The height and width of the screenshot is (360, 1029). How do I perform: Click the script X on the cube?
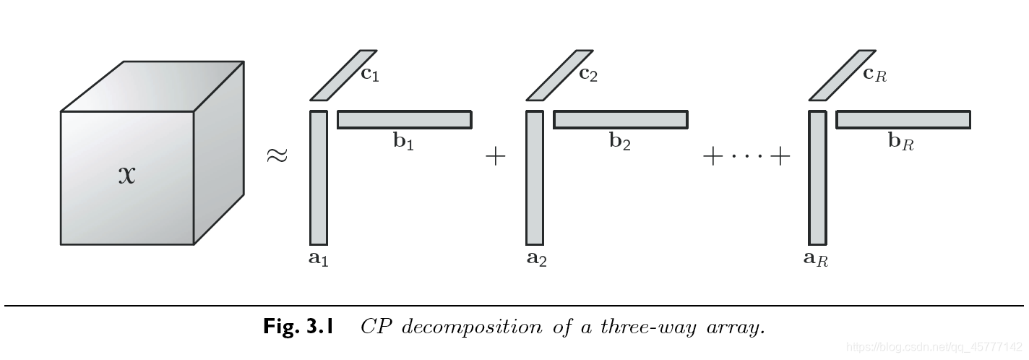[x=127, y=175]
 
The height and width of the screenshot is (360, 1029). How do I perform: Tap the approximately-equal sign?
[x=277, y=155]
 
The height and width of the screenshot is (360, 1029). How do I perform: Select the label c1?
[x=370, y=74]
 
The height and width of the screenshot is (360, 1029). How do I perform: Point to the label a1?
[x=319, y=258]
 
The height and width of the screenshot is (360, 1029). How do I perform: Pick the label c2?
[x=588, y=74]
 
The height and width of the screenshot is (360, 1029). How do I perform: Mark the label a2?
[x=536, y=258]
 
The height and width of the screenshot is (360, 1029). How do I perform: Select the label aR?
[x=816, y=258]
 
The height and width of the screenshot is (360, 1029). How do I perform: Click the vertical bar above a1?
[x=319, y=178]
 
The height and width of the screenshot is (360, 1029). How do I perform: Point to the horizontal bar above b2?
[x=621, y=119]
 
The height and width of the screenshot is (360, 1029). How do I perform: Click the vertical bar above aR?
[x=817, y=178]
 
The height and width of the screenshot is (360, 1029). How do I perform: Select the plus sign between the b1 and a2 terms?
[x=495, y=156]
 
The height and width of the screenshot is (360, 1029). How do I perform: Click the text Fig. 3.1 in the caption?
[x=298, y=327]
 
